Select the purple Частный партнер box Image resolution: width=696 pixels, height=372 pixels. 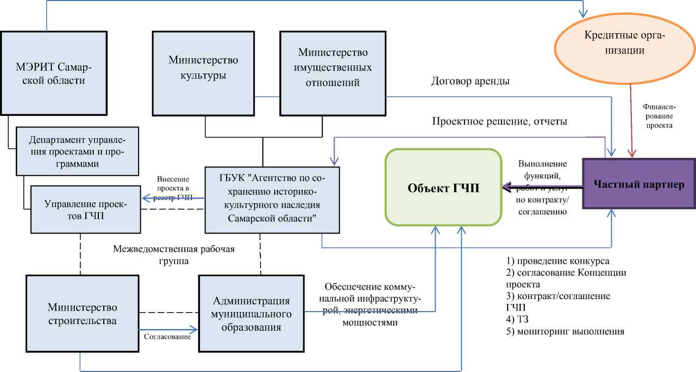[x=638, y=184]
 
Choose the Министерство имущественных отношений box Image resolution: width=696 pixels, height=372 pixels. [x=333, y=68]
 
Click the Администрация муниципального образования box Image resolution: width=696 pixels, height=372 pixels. [x=251, y=314]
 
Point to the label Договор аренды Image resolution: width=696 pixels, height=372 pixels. [x=471, y=82]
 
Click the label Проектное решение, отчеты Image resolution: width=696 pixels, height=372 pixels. [x=499, y=121]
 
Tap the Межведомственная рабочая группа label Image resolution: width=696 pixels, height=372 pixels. [x=174, y=255]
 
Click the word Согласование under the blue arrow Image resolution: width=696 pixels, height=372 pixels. [x=167, y=337]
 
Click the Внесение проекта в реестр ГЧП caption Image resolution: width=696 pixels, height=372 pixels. [x=174, y=188]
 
